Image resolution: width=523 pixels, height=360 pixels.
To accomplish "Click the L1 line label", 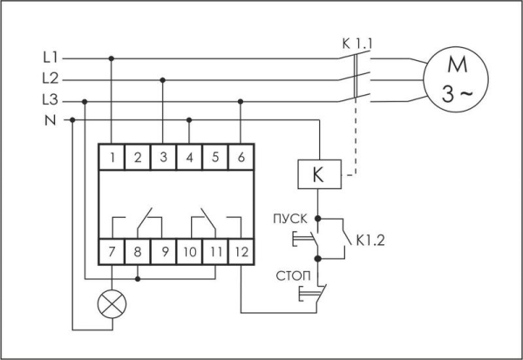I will click(50, 58).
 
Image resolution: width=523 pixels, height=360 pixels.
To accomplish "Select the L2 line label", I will click(50, 78).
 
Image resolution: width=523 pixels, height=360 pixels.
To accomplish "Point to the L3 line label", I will click(50, 99).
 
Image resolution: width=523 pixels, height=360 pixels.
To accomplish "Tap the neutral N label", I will click(51, 119).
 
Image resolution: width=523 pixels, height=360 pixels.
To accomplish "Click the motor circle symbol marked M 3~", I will click(453, 79).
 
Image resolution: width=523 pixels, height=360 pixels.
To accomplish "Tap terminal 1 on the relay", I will click(113, 157).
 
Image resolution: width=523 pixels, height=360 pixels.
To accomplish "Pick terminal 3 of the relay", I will click(164, 157).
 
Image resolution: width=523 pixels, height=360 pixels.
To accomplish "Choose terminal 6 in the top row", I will click(240, 157).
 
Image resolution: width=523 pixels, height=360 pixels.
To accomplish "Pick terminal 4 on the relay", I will click(189, 157).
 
